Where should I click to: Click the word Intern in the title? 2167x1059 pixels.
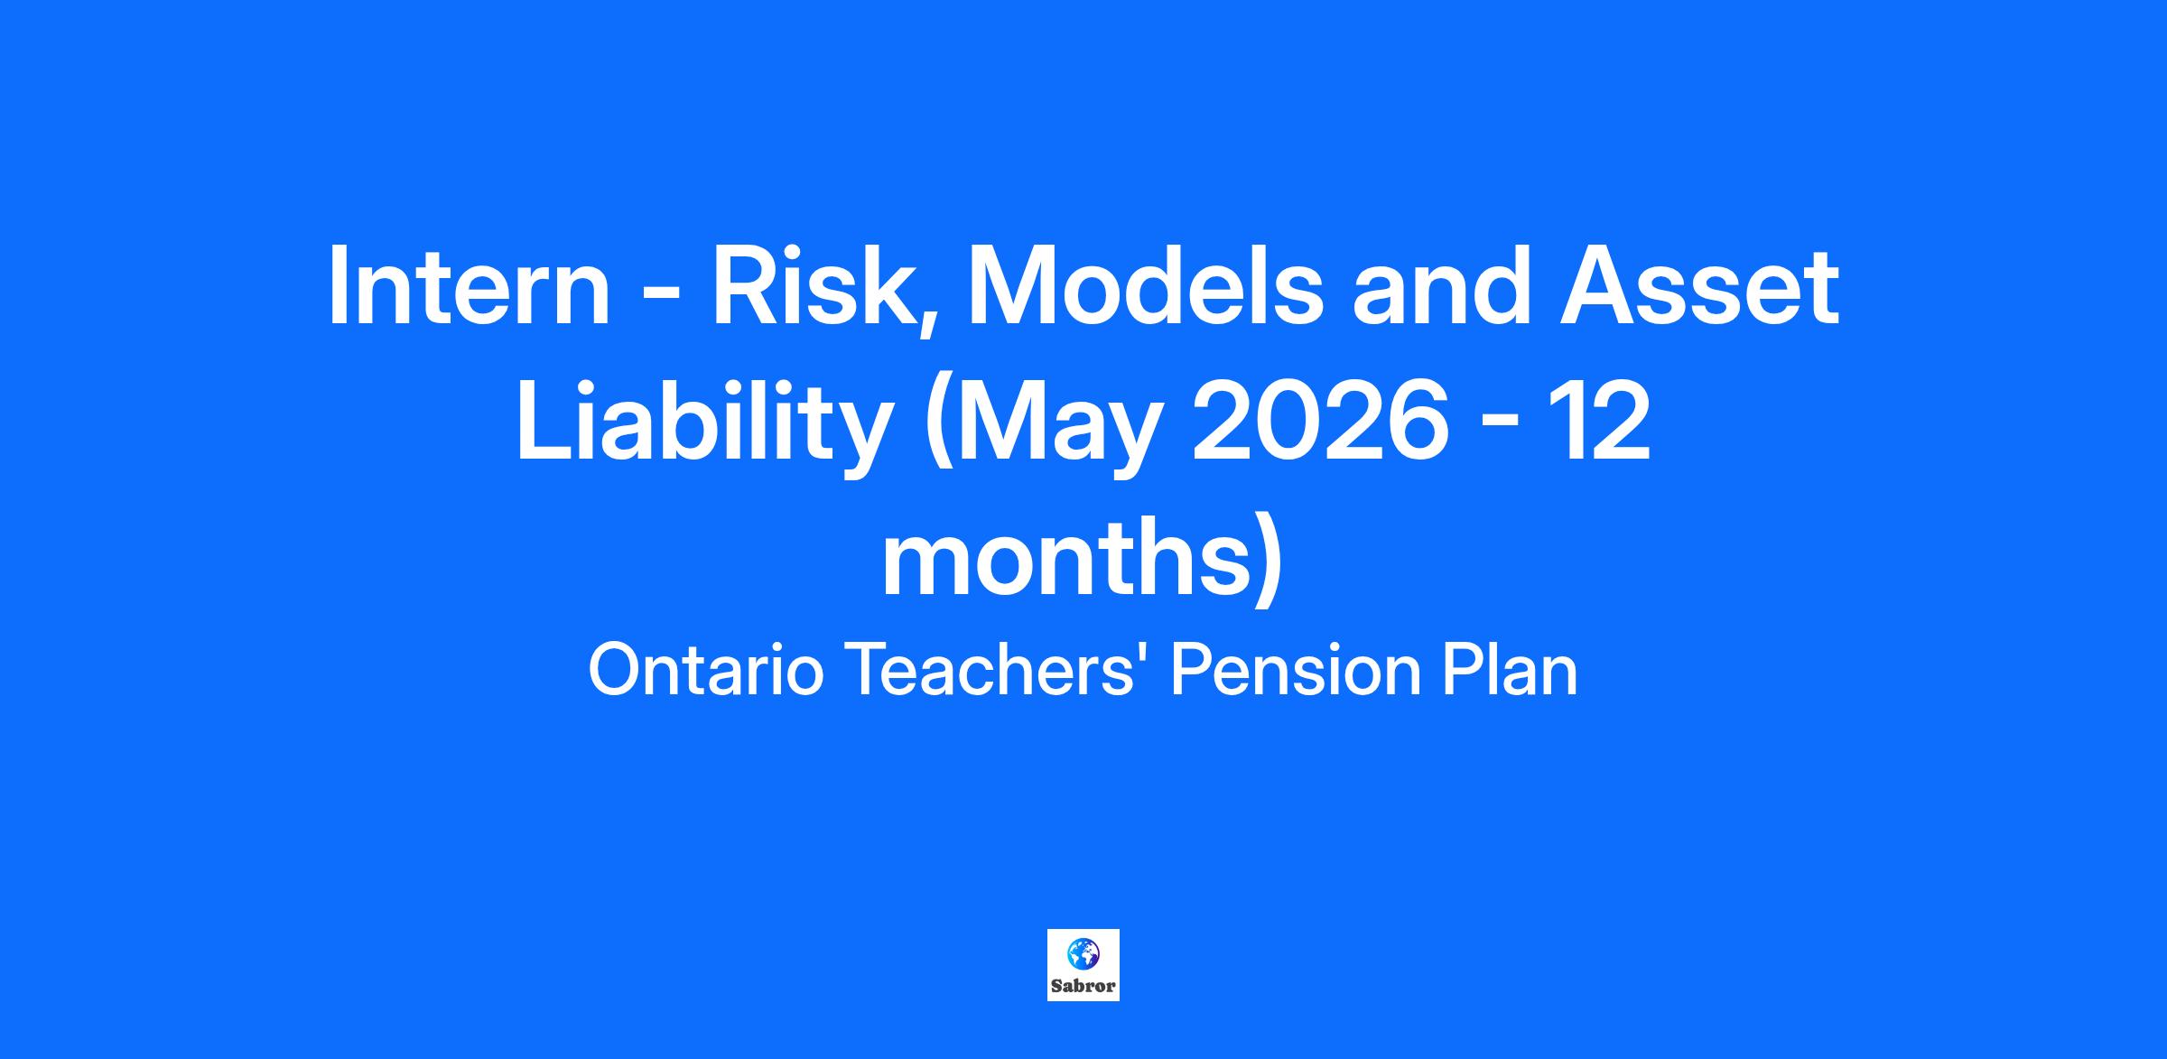pyautogui.click(x=469, y=285)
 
